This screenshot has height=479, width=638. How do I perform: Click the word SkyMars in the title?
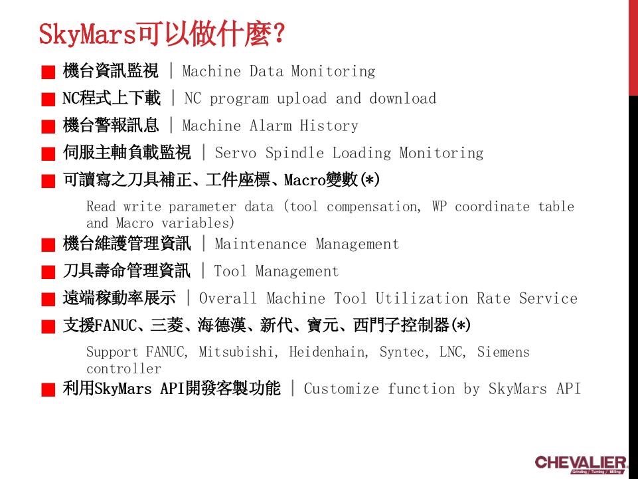point(87,34)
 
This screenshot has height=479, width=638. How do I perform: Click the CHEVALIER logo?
point(580,463)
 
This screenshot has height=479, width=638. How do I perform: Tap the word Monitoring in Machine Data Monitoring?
point(333,71)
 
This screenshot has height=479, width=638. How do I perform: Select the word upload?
point(301,99)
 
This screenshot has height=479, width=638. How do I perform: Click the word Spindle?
point(295,153)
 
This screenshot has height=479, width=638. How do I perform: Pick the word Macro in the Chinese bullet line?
point(303,180)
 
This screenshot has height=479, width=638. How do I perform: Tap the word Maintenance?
point(261,244)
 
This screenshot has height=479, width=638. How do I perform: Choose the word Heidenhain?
point(327,352)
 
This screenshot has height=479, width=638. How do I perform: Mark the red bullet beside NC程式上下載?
point(48,100)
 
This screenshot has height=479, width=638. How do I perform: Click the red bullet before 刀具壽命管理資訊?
point(48,272)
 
